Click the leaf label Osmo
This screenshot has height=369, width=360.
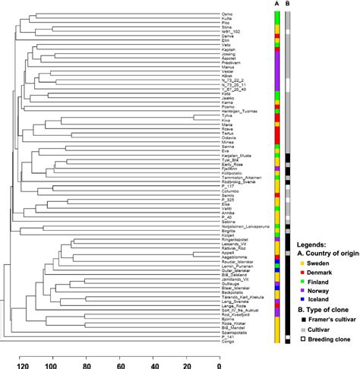[x=227, y=13]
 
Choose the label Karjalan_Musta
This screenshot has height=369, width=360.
[x=235, y=155]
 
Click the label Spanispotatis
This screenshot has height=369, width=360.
[x=233, y=333]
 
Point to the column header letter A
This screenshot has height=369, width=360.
[x=276, y=4]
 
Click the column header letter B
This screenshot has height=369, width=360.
[x=288, y=4]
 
